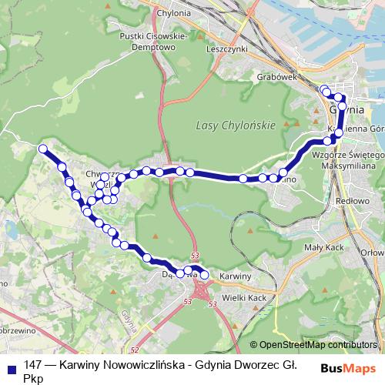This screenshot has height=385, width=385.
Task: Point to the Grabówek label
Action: tap(300, 77)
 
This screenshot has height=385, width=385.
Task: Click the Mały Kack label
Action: tap(343, 248)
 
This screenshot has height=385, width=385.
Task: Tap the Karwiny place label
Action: tap(236, 276)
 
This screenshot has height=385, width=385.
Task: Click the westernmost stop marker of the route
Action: tap(43, 148)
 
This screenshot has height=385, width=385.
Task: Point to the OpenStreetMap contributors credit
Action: tap(317, 346)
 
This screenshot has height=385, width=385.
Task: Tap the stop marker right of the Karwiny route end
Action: tap(205, 274)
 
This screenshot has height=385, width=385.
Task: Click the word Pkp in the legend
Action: tap(34, 378)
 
